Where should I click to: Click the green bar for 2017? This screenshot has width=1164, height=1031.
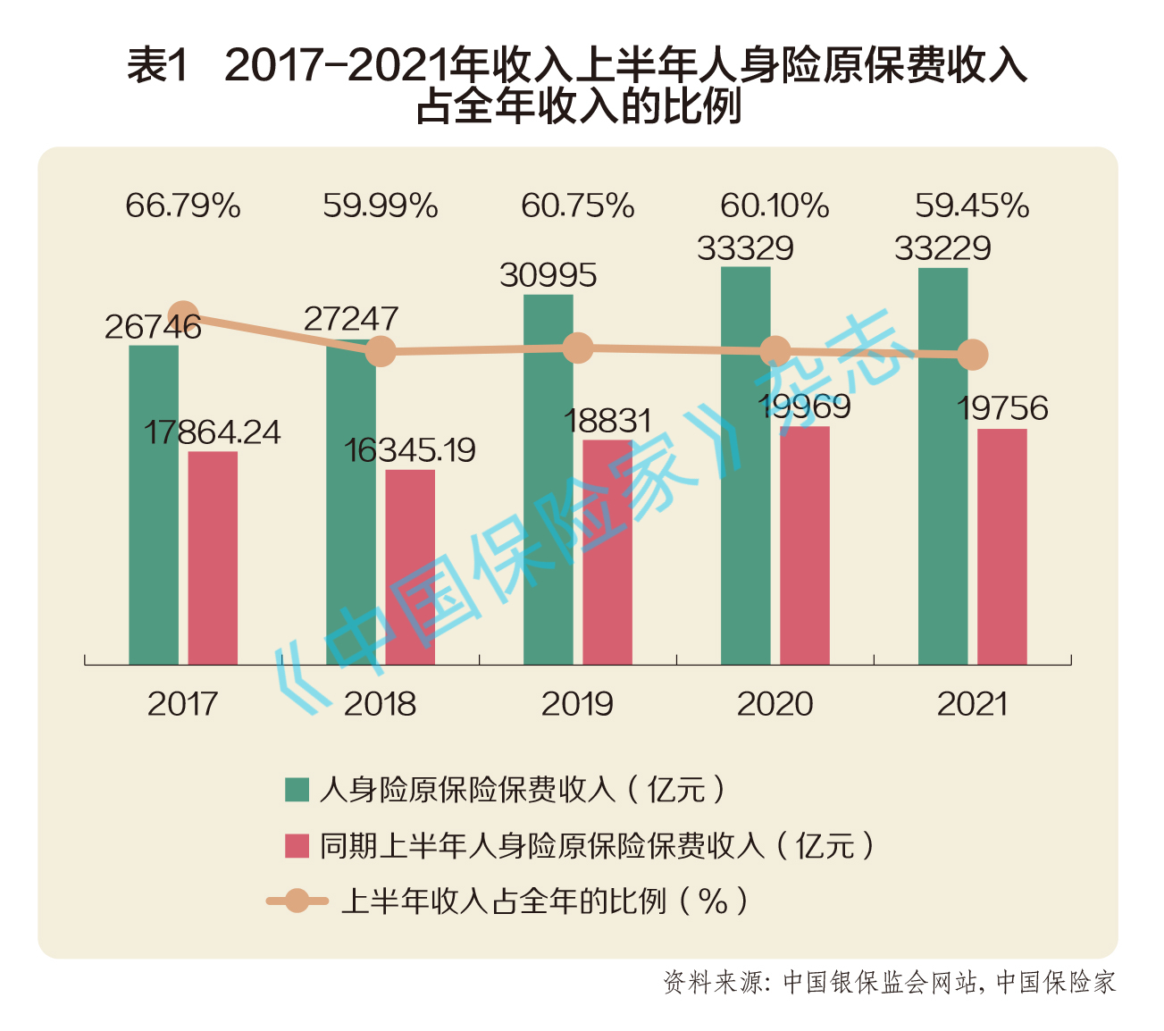(154, 505)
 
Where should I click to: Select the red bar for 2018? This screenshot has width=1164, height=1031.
(410, 567)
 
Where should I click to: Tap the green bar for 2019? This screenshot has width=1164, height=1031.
(549, 480)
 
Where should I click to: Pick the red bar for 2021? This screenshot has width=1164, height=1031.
(1001, 547)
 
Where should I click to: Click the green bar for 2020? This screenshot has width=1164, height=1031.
(746, 465)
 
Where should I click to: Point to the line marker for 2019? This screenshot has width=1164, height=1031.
(578, 348)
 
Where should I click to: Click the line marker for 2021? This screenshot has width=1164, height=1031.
(973, 355)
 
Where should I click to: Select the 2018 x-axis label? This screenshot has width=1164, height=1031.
(380, 704)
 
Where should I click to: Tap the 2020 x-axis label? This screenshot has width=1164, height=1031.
(775, 704)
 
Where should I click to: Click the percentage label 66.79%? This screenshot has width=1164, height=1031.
(183, 205)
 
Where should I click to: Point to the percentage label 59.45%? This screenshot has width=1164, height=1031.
(972, 205)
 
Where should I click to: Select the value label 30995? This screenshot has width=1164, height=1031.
(548, 275)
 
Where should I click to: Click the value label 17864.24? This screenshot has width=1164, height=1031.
(213, 432)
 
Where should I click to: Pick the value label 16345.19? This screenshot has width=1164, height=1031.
(410, 450)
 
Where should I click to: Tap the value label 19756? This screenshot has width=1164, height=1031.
(1002, 408)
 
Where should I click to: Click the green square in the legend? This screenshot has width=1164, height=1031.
(297, 790)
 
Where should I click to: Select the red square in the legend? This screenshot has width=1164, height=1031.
(297, 845)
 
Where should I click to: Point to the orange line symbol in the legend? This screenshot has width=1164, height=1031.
(297, 901)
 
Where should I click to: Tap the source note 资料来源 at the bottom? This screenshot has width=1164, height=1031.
(713, 982)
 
